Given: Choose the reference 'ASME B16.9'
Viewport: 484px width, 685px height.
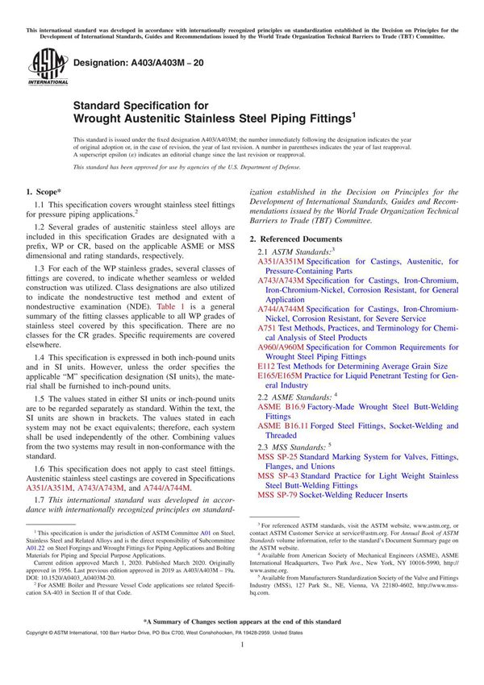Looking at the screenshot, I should (282, 407).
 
